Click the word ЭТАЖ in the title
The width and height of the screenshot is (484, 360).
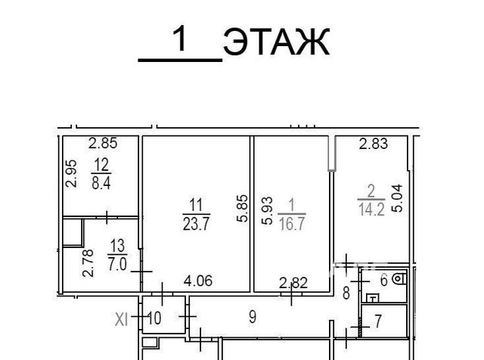(276, 42)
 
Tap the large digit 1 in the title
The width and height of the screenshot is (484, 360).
(179, 39)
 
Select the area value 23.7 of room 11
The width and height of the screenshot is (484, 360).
(197, 224)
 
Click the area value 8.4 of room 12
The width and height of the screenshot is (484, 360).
(101, 183)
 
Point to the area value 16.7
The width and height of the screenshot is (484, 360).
(292, 224)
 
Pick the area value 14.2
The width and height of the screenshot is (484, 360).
(371, 209)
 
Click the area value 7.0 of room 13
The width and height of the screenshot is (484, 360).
(117, 265)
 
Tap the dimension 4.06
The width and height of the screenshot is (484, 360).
(198, 281)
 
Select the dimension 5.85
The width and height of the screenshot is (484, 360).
(242, 209)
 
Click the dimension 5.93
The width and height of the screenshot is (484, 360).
(267, 211)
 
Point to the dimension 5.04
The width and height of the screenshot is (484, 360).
(397, 198)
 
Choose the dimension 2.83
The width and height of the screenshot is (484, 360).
(373, 144)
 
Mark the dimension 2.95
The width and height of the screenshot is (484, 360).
(71, 173)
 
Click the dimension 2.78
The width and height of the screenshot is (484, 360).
(88, 263)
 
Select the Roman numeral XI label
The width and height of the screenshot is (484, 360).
(121, 319)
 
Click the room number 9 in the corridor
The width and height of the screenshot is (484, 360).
(253, 317)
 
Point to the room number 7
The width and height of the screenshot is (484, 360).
(378, 321)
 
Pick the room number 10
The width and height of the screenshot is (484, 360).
(154, 318)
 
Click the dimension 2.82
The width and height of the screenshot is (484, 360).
(293, 283)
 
